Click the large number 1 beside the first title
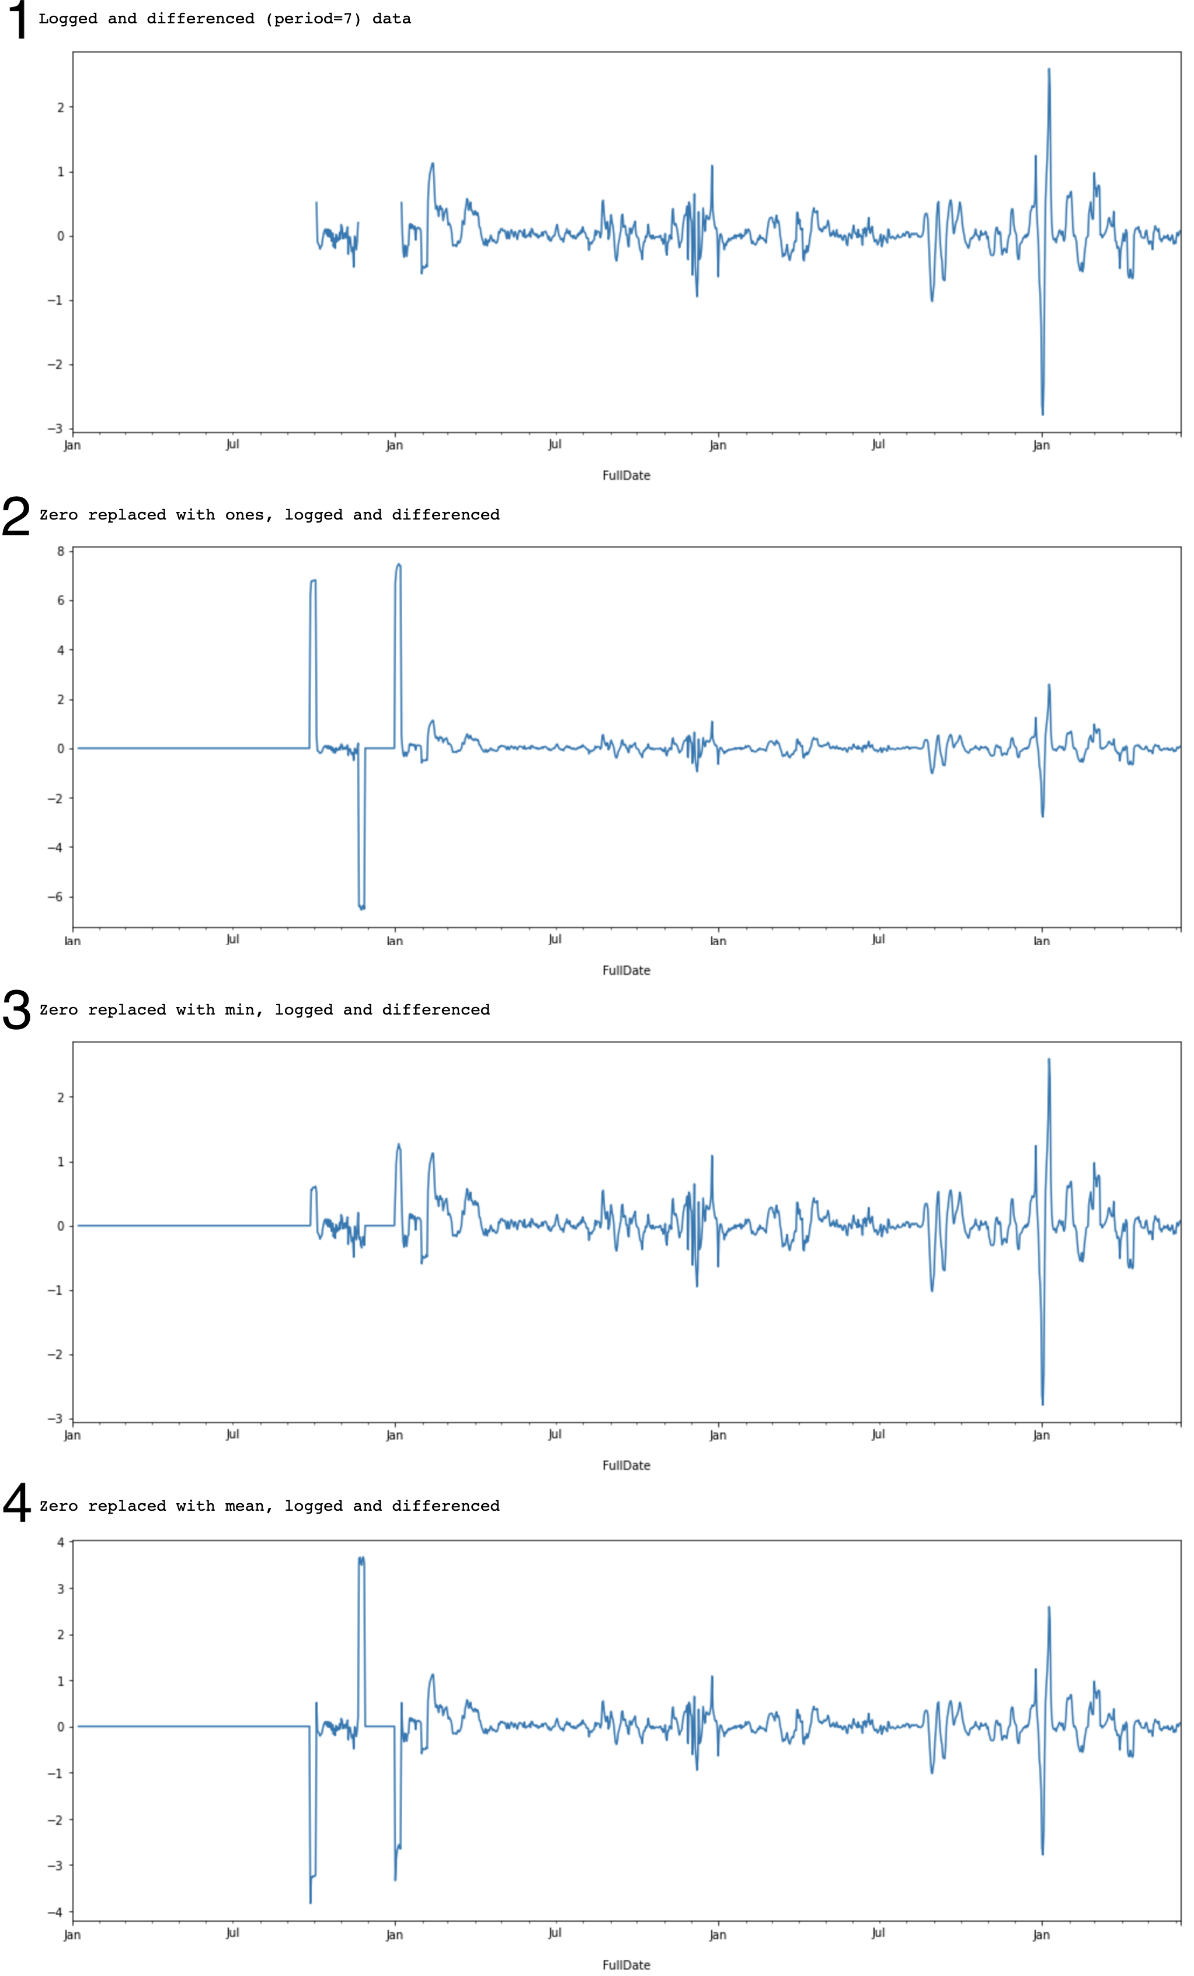coord(16,19)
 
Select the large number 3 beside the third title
coord(16,1010)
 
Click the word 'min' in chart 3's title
coord(240,1010)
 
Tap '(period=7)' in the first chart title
coord(314,19)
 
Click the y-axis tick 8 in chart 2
coord(60,551)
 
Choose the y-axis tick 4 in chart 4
coord(60,1541)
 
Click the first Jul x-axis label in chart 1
coord(232,444)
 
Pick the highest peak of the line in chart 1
coord(1049,70)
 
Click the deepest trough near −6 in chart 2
coord(361,908)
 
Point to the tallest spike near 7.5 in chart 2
coord(399,564)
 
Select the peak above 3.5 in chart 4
coord(361,1558)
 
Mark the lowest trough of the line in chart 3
coord(1042,1404)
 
